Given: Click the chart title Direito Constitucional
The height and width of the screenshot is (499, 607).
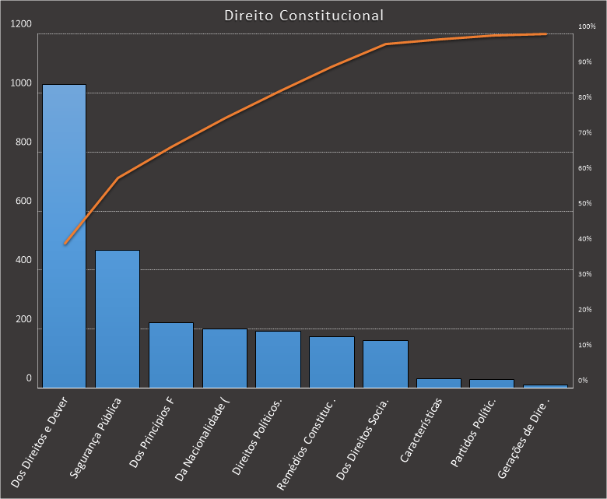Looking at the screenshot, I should (303, 15).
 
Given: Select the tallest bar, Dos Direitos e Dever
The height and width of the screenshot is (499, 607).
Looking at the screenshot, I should (64, 234).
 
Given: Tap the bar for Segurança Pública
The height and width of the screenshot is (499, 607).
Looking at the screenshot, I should (118, 319).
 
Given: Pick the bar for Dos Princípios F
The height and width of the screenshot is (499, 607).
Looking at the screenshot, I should (171, 355).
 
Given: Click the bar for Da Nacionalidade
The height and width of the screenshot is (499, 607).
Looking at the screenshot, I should (225, 358).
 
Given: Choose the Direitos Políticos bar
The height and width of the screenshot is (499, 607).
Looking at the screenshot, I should (278, 360).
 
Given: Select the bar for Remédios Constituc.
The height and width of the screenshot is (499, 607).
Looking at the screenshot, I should (332, 362).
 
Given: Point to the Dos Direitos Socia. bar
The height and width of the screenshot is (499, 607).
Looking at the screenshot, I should (385, 364).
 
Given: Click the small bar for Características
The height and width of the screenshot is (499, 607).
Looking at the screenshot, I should (439, 383).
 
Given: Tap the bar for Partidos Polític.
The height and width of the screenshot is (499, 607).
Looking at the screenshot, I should (492, 383).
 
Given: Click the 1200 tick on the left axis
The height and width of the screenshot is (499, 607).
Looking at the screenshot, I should (22, 24).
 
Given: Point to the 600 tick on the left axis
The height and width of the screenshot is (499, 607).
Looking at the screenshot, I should (22, 202).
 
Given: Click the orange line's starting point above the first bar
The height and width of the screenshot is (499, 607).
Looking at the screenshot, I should (65, 244).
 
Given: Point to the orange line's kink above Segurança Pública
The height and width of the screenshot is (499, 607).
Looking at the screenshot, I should (118, 178).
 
